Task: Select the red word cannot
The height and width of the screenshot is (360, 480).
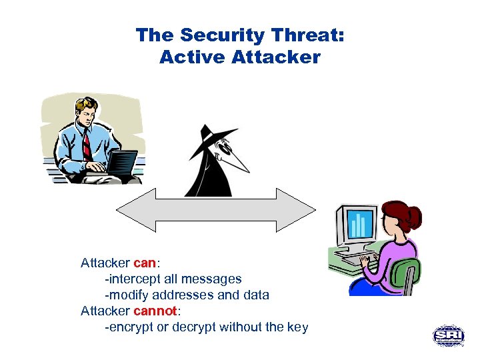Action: pyautogui.click(x=155, y=311)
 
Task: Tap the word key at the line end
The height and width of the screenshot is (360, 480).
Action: pyautogui.click(x=297, y=327)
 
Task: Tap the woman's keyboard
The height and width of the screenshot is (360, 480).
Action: pyautogui.click(x=357, y=256)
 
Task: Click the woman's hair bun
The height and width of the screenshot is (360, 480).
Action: pyautogui.click(x=413, y=217)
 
